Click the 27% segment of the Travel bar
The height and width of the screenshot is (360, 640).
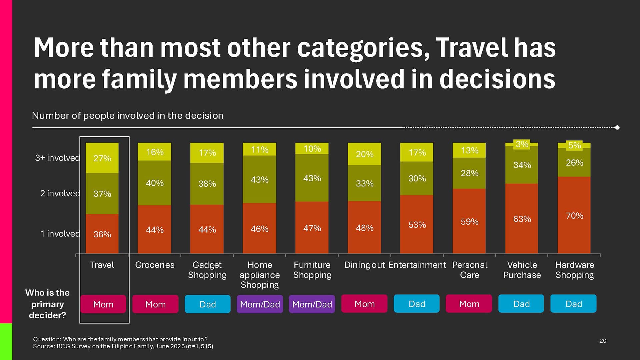(102, 158)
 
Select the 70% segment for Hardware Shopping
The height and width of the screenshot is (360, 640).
(574, 215)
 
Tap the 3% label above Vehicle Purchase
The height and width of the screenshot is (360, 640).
(522, 144)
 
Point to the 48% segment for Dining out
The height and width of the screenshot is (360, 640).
(364, 228)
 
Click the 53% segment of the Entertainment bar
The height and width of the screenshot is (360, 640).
(417, 225)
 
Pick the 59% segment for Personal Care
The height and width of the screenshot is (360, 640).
(469, 221)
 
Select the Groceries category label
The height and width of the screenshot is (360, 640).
(155, 265)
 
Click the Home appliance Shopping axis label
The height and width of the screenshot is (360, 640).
(259, 275)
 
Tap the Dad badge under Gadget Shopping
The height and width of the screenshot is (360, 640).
(207, 304)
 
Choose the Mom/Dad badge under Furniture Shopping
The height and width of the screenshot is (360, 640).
(312, 304)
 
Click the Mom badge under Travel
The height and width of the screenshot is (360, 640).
(103, 304)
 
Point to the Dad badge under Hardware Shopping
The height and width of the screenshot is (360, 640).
(573, 304)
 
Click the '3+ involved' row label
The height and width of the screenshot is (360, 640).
(57, 158)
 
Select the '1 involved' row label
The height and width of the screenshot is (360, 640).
(60, 234)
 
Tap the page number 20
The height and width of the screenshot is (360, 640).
(603, 341)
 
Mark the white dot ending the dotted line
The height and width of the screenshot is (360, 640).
(617, 127)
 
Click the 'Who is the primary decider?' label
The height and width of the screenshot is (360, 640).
(47, 304)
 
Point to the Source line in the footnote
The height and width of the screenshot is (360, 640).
(123, 346)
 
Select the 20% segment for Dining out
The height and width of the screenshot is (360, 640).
(364, 154)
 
